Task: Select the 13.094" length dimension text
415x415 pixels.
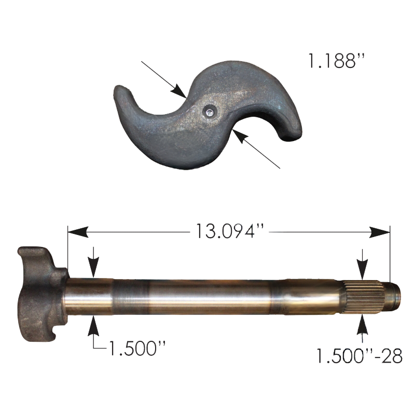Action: pos(230,231)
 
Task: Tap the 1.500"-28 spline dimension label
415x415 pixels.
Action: pos(359,356)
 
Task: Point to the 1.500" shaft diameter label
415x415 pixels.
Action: pos(137,348)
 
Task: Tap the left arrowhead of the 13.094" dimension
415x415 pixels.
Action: pos(78,232)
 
